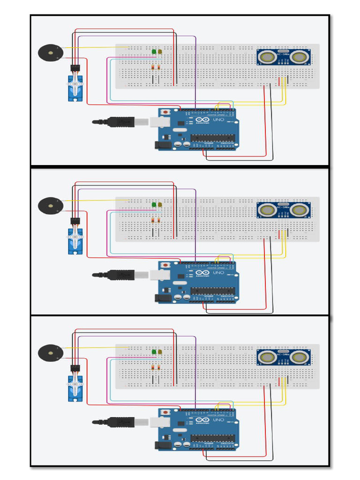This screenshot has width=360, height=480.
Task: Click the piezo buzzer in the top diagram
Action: (50, 52)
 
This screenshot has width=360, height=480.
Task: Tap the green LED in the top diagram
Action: (154, 52)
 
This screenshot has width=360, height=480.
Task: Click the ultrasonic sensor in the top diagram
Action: (283, 57)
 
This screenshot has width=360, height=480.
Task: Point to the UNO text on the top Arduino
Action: (219, 120)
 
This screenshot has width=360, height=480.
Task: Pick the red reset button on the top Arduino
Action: (165, 112)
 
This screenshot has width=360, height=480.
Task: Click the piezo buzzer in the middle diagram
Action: (50, 205)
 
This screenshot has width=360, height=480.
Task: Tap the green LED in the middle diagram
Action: (154, 204)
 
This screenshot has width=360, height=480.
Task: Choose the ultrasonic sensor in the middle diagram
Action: (283, 210)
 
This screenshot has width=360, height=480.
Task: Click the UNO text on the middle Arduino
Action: (219, 272)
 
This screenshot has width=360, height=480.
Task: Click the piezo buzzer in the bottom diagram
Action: (50, 352)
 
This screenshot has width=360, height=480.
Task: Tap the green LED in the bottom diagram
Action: (154, 352)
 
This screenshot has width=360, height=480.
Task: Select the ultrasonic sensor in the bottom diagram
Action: (283, 357)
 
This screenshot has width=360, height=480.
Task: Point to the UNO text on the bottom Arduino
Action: (219, 420)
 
